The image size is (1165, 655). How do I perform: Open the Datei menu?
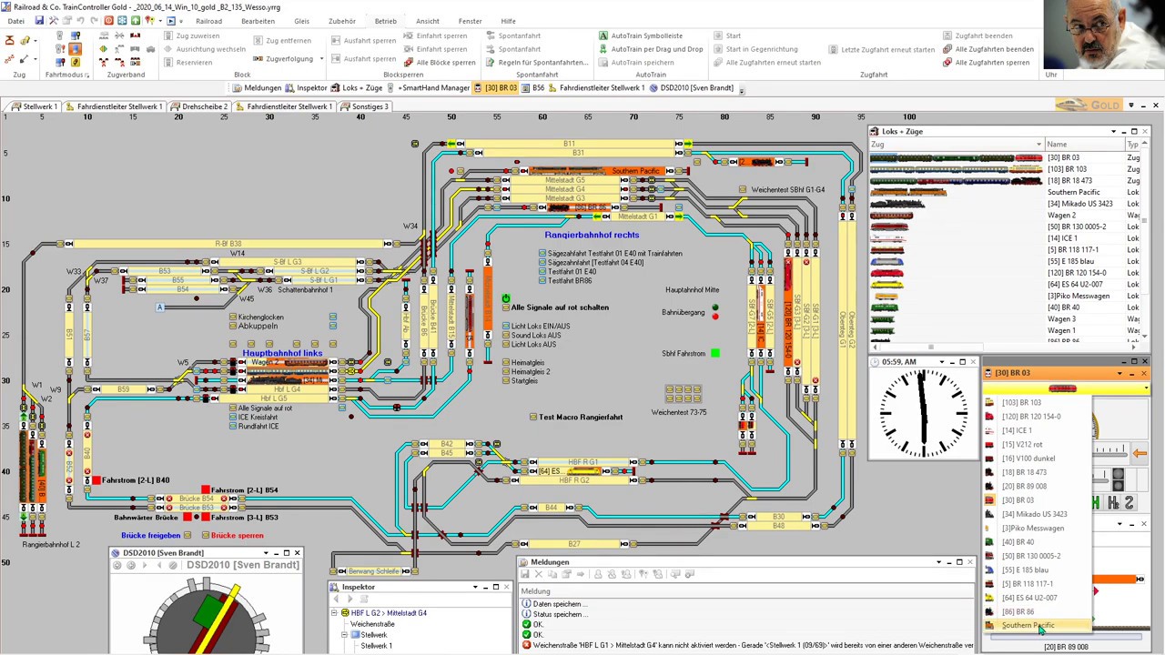tap(15, 21)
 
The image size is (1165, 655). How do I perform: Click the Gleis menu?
tap(301, 21)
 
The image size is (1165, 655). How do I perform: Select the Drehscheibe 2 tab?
tap(204, 106)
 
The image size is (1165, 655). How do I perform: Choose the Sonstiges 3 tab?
tap(370, 106)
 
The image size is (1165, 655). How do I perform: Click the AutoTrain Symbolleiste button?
tap(646, 35)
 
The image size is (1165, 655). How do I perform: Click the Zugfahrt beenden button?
tap(983, 35)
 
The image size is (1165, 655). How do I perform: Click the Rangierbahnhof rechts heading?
tap(592, 235)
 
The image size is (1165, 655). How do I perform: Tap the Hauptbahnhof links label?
tap(282, 353)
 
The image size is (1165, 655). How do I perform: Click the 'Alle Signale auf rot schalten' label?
tap(560, 307)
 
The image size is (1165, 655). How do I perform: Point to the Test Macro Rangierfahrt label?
tap(581, 417)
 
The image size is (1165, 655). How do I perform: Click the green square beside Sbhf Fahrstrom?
tap(715, 353)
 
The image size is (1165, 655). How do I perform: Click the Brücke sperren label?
tap(237, 535)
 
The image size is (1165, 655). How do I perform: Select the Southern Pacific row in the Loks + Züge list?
tap(1073, 192)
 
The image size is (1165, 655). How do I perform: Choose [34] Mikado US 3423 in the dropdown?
tap(1034, 514)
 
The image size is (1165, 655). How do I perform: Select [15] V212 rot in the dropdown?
tap(1022, 444)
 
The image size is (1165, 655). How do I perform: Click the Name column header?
tap(1057, 145)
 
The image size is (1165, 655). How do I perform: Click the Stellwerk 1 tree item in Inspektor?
tap(376, 646)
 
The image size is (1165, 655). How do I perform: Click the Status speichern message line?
tap(557, 614)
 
